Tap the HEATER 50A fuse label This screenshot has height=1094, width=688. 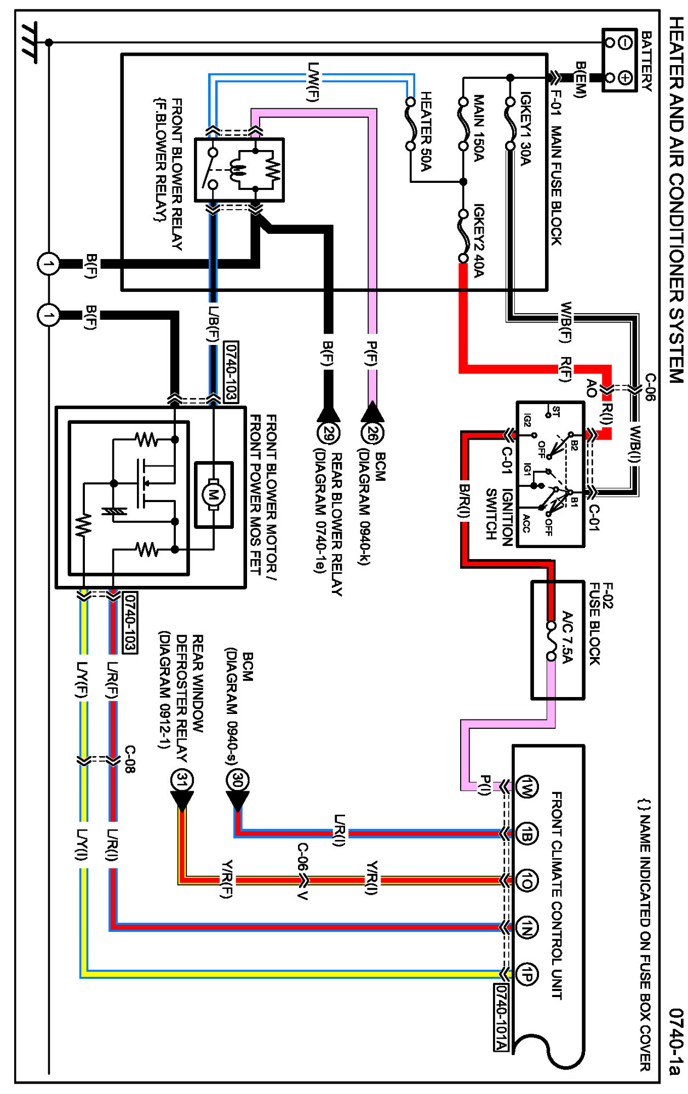click(x=426, y=131)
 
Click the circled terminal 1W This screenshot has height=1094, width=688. click(x=526, y=787)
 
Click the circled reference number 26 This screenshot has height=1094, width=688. click(x=372, y=434)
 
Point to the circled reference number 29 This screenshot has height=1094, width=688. click(x=328, y=434)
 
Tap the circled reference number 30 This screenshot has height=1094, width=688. click(x=237, y=780)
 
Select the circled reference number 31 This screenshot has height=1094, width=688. click(x=182, y=780)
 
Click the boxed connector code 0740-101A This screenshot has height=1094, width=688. click(x=501, y=1017)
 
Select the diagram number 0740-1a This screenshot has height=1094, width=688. click(x=676, y=1041)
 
